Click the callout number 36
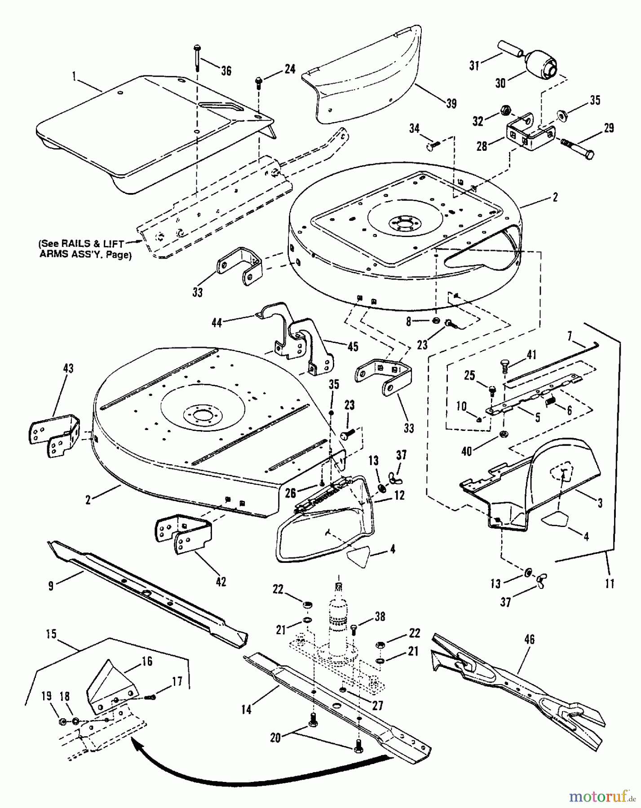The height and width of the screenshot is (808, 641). (x=226, y=70)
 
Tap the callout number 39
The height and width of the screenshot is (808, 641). (x=451, y=104)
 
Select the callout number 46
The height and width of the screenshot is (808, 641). (x=529, y=639)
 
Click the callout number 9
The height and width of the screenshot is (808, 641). (x=51, y=586)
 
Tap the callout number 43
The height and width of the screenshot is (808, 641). (x=69, y=369)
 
